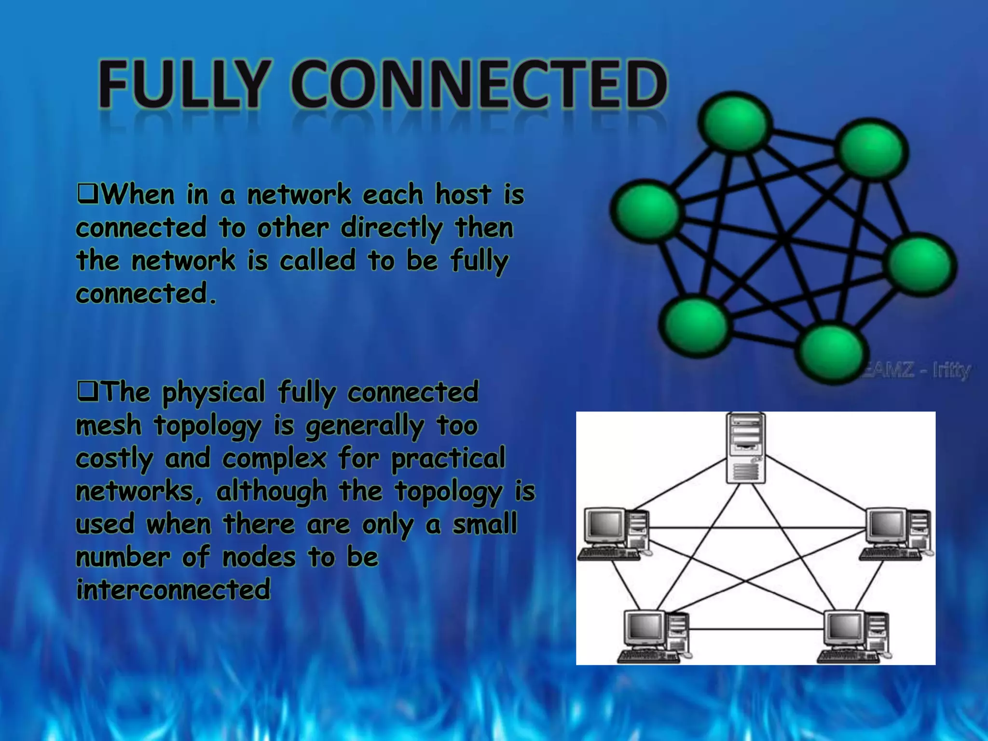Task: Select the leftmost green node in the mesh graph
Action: [x=645, y=210]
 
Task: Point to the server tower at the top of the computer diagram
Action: [x=746, y=448]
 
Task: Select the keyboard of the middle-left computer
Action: [x=609, y=554]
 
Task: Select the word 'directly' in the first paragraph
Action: [x=391, y=228]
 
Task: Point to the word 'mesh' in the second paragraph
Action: [x=109, y=425]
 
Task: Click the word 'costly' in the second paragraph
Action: [x=114, y=459]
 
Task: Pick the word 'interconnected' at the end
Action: [x=173, y=590]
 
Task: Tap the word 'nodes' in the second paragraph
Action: [x=259, y=557]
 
